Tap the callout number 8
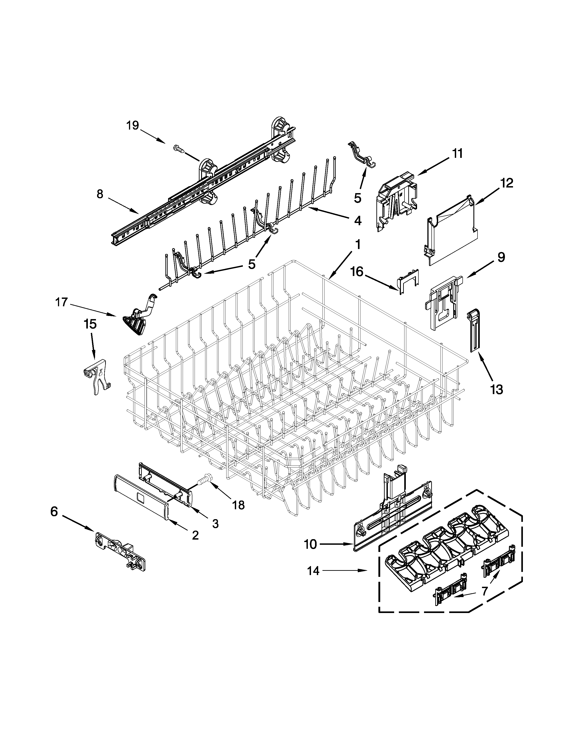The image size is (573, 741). [100, 194]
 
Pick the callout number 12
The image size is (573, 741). [506, 183]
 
